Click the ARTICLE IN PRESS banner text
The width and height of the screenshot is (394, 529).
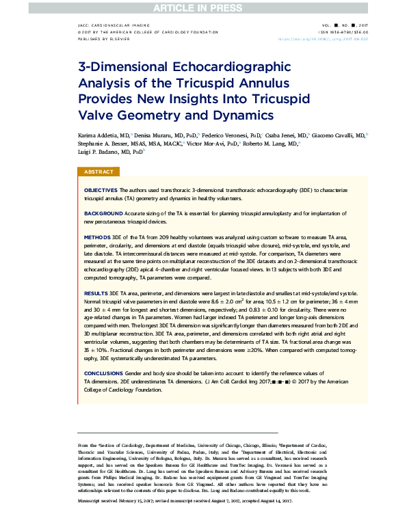pos(196,7)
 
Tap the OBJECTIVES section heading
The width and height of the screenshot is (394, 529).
pos(100,189)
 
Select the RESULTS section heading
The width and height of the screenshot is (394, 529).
pos(96,291)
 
